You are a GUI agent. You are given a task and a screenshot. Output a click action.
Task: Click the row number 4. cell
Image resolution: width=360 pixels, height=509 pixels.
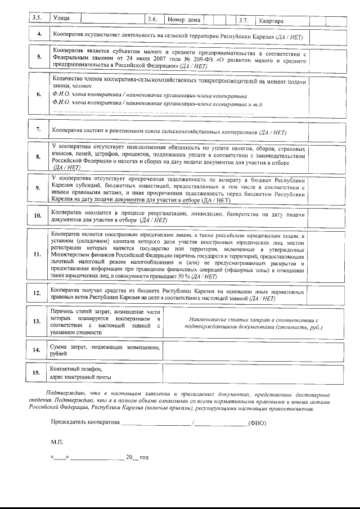(38, 35)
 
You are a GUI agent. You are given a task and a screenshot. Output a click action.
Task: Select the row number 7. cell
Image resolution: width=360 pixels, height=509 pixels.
(38, 130)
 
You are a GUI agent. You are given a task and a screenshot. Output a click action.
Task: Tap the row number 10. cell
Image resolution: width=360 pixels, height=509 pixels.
(38, 216)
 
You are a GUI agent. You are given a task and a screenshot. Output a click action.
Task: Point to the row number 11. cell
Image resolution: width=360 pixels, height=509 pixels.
(38, 254)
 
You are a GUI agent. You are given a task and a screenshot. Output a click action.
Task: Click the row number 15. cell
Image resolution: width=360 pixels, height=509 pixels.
(38, 373)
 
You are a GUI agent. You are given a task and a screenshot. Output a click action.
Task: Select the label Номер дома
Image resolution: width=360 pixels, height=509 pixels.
(184, 20)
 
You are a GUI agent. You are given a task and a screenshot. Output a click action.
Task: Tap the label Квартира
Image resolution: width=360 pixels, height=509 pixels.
(271, 21)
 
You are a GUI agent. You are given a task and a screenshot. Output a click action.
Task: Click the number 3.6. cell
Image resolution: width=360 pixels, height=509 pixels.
(152, 20)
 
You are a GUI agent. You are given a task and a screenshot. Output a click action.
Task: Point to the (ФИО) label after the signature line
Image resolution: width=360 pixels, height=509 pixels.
(257, 422)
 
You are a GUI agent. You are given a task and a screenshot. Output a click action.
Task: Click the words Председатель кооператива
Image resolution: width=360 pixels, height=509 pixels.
(85, 422)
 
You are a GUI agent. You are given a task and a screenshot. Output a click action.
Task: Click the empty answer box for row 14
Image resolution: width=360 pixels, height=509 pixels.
(251, 352)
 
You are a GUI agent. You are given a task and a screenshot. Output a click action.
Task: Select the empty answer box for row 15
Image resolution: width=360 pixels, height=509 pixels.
(251, 373)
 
